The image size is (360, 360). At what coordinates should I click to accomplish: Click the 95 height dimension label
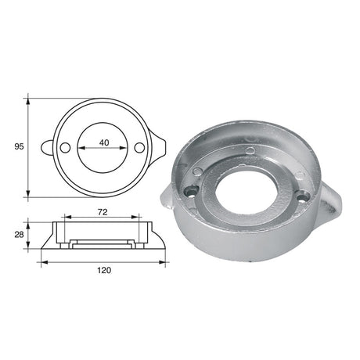click(x=17, y=146)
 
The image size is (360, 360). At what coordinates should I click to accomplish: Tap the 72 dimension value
click(x=103, y=212)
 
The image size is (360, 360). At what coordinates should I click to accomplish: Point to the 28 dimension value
click(x=17, y=234)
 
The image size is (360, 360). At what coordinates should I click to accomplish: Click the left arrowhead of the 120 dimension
click(x=42, y=261)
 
